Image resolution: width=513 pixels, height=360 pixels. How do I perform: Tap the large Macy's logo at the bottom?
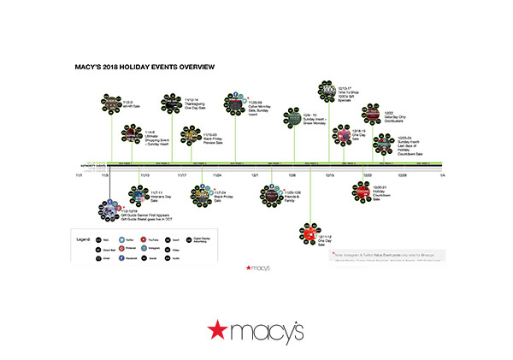click(x=256, y=328)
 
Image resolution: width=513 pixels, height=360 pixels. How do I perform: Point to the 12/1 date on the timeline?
click(x=256, y=174)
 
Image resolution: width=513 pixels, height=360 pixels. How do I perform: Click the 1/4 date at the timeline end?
click(x=442, y=174)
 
